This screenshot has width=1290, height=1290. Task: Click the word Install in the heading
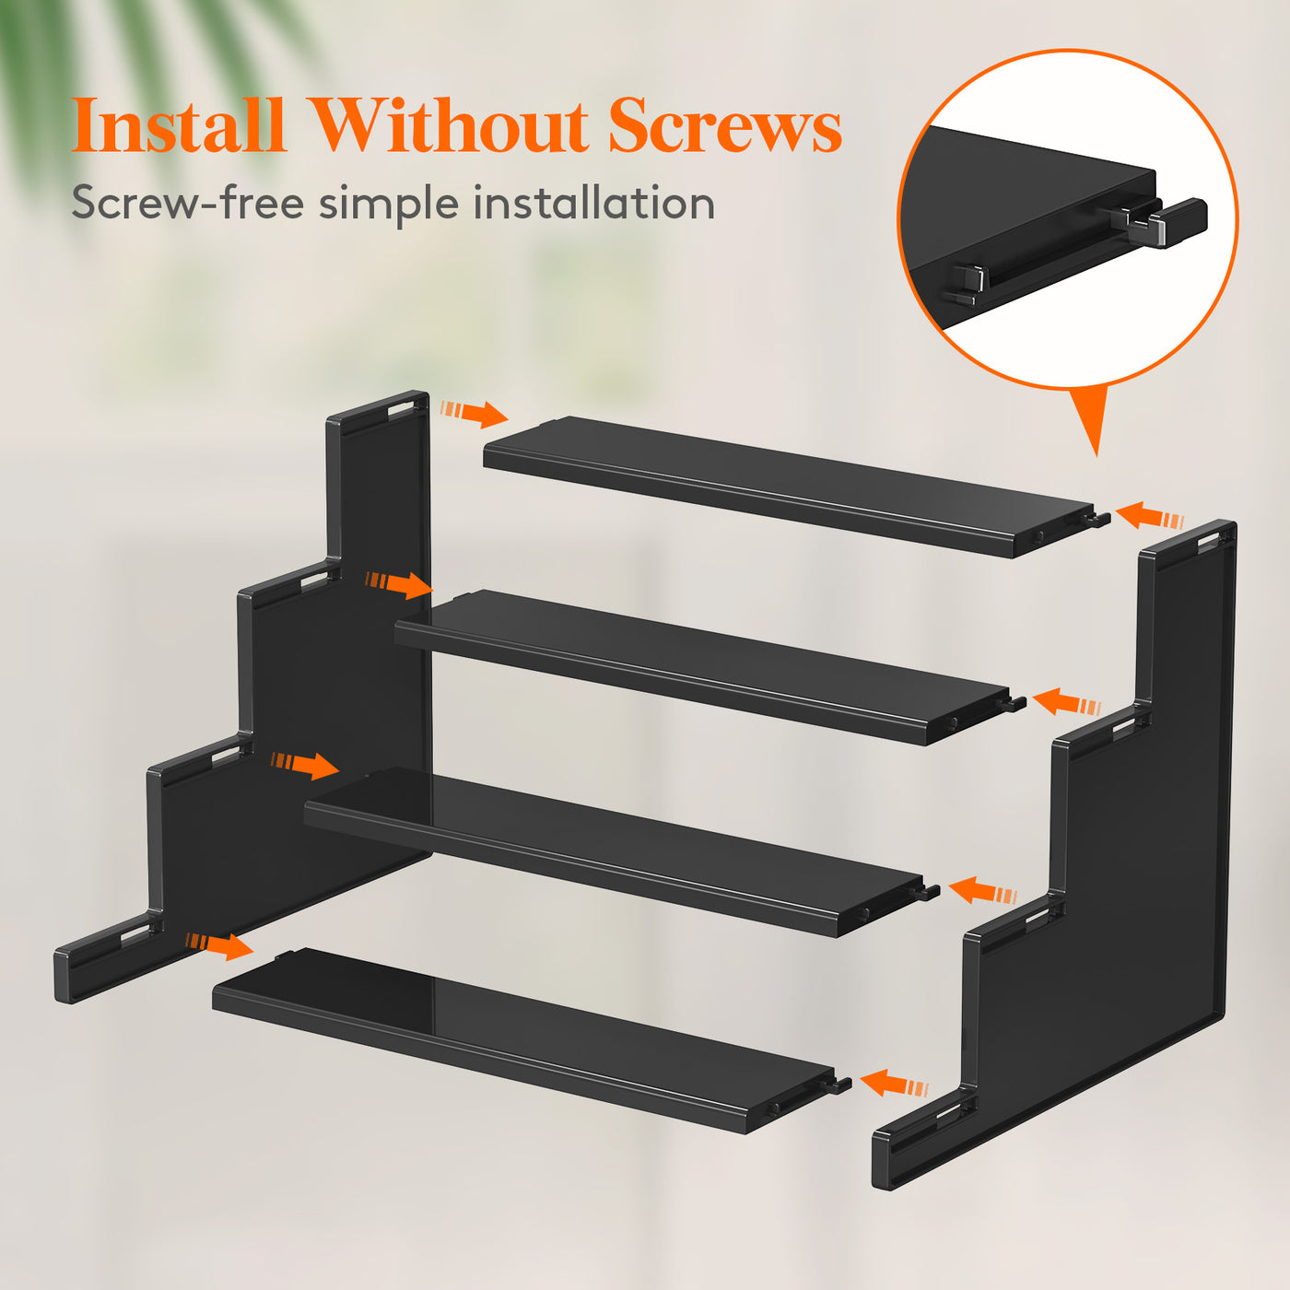[179, 125]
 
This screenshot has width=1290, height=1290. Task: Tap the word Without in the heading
[450, 125]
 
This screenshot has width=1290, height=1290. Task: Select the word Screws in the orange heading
[725, 127]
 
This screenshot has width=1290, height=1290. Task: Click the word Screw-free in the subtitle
[188, 202]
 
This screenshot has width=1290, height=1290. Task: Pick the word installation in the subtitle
[593, 202]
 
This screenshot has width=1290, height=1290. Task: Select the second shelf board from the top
[709, 667]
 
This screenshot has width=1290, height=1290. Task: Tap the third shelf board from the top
[621, 850]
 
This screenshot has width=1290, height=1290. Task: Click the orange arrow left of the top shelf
[475, 414]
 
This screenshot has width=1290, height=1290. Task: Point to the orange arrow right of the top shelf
[1150, 517]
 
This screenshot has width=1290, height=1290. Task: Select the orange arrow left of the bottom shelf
[220, 946]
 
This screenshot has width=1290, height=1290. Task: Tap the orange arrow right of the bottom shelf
[895, 1083]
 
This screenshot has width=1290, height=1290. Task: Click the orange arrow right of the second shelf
[1066, 702]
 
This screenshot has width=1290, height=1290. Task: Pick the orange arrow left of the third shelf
[305, 766]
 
